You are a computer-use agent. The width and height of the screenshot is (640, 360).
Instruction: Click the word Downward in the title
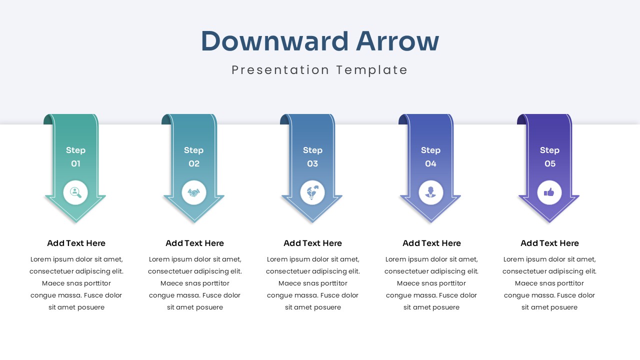click(x=274, y=41)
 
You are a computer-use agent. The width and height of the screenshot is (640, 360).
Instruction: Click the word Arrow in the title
click(x=397, y=41)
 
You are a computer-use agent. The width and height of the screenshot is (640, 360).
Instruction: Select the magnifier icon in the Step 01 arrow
click(x=75, y=192)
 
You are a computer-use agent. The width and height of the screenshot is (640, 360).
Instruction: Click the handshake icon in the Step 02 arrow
click(x=194, y=192)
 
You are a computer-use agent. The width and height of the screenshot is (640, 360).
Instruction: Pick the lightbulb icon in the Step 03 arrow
click(x=312, y=192)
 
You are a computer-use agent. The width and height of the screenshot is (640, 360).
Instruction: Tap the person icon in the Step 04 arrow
click(x=430, y=192)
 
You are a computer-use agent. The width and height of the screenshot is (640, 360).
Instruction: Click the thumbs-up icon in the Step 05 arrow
click(x=549, y=192)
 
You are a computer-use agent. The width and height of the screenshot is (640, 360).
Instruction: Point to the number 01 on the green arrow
click(x=75, y=164)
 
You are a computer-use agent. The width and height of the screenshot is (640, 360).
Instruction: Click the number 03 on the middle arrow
click(x=312, y=164)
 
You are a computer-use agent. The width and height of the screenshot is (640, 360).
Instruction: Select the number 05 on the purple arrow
click(x=549, y=164)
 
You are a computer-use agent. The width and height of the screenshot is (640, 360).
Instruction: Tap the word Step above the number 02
click(x=193, y=150)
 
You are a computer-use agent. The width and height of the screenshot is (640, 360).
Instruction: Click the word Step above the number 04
click(x=430, y=150)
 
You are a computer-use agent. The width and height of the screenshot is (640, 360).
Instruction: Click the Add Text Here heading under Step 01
click(x=76, y=243)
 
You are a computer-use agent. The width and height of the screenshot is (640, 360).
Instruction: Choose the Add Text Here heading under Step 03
click(x=312, y=243)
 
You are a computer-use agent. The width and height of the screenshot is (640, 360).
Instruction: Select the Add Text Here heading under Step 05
click(x=549, y=243)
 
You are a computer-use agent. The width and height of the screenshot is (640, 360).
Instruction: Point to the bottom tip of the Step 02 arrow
click(x=194, y=221)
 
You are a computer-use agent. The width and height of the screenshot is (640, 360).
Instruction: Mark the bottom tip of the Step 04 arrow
click(x=430, y=221)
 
